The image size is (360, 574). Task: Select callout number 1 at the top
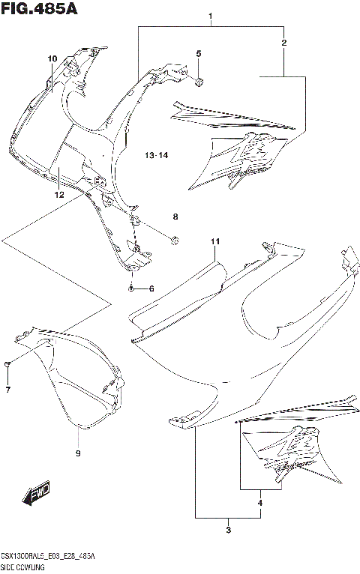pyautogui.click(x=211, y=16)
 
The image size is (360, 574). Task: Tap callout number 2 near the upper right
pyautogui.click(x=283, y=43)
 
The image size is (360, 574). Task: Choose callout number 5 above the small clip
pyautogui.click(x=199, y=53)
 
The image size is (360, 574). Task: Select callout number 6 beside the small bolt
pyautogui.click(x=151, y=289)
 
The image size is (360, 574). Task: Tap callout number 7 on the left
pyautogui.click(x=8, y=390)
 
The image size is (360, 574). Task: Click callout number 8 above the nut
pyautogui.click(x=175, y=217)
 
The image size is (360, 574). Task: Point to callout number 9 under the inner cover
pyautogui.click(x=78, y=453)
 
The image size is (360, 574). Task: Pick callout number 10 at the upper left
pyautogui.click(x=52, y=59)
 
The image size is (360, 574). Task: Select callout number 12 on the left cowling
pyautogui.click(x=58, y=194)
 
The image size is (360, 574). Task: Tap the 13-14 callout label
pyautogui.click(x=157, y=155)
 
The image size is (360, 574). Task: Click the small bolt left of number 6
pyautogui.click(x=131, y=288)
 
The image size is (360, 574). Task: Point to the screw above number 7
pyautogui.click(x=8, y=364)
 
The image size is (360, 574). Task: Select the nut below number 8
pyautogui.click(x=175, y=240)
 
